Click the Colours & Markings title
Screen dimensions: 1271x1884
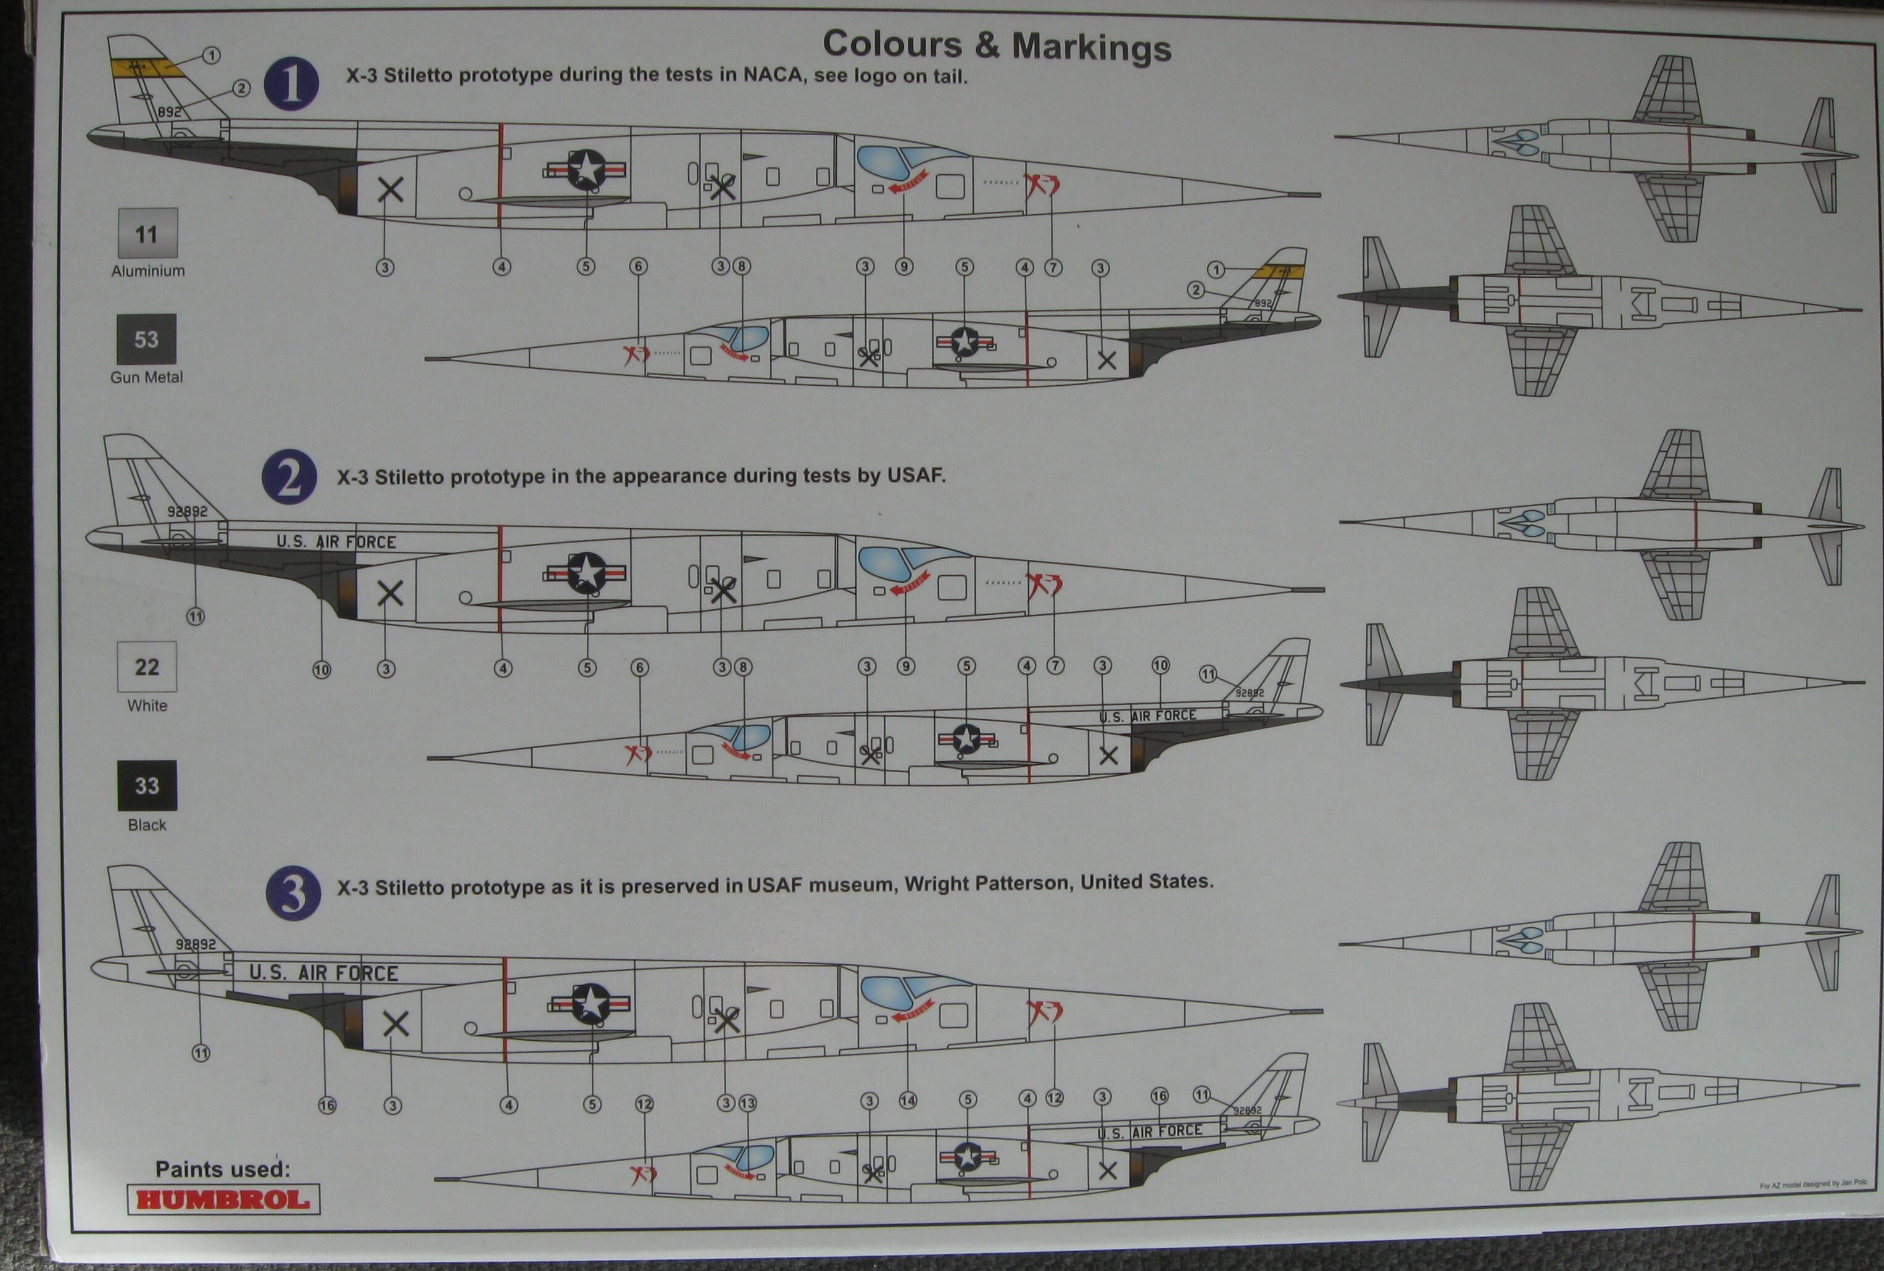997,46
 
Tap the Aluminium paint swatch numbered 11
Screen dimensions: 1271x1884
147,234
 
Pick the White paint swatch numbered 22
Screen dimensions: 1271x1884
147,667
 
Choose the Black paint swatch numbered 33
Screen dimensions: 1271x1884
147,785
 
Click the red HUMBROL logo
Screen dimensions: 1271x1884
223,1199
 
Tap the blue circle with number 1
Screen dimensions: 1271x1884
291,85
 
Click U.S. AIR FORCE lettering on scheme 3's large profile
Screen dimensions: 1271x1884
323,973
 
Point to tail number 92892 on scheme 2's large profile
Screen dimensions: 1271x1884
187,512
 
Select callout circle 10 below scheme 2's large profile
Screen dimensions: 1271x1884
322,670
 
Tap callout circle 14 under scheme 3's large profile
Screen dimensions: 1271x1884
908,1101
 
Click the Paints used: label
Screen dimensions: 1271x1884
222,1169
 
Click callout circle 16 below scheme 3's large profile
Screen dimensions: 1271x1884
326,1105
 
